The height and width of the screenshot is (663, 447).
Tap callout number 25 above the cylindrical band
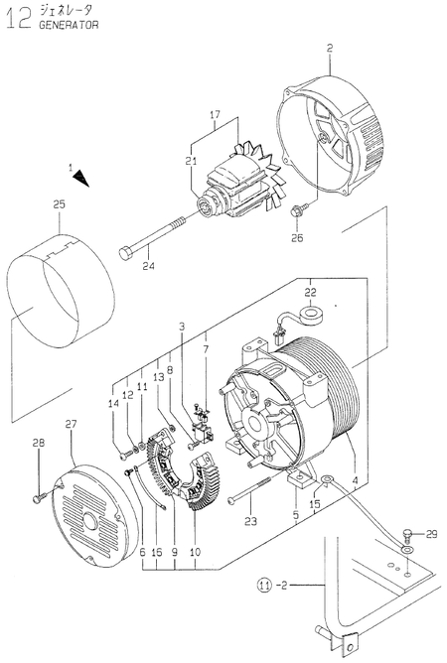pos(59,205)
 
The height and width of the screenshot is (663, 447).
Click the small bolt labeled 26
pos(297,210)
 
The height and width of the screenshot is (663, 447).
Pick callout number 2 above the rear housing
pos(329,48)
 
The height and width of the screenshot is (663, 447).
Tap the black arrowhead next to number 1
pos(80,178)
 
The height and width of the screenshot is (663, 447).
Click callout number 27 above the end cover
pos(71,424)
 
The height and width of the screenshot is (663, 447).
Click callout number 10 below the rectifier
pos(194,550)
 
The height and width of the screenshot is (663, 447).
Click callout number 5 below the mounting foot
pos(297,515)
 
